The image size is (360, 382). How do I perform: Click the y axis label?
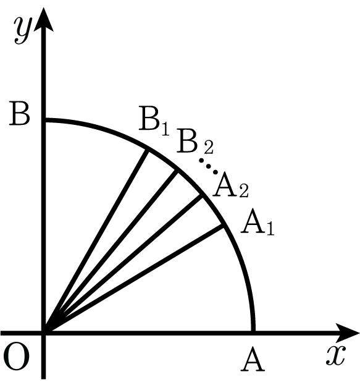[23, 31]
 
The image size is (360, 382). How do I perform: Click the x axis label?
[336, 355]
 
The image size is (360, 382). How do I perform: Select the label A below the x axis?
[253, 359]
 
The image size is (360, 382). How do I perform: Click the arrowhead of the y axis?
[44, 20]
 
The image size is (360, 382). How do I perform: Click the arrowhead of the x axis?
[348, 333]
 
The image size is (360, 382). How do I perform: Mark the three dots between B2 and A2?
[208, 166]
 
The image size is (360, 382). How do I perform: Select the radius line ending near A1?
[133, 279]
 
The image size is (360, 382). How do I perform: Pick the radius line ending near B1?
[96, 240]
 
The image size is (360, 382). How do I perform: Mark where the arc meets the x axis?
[253, 333]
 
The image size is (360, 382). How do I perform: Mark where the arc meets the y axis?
[44, 120]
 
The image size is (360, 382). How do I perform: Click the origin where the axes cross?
[44, 333]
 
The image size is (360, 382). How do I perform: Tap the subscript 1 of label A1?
[270, 228]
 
